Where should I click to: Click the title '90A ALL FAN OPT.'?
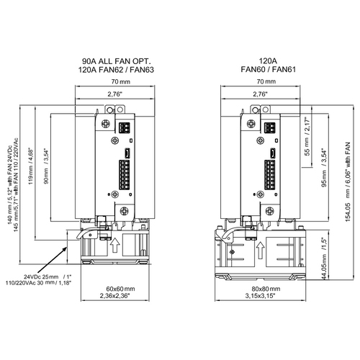[117, 61]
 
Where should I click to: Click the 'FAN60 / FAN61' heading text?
[268, 70]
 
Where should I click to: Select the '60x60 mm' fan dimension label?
[120, 289]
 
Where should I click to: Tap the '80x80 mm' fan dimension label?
[266, 289]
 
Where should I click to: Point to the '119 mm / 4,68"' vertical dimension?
[31, 166]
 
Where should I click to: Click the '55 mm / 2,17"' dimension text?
[307, 136]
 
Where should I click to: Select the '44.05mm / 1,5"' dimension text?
[324, 258]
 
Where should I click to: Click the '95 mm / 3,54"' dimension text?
[324, 168]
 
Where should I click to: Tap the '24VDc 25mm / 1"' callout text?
[48, 276]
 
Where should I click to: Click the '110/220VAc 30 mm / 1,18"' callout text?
[39, 283]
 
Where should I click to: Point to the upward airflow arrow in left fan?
[115, 245]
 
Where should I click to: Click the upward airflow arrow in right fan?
[260, 251]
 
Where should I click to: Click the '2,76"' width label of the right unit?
[260, 94]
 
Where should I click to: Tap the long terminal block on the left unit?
[124, 175]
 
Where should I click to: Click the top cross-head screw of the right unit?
[251, 124]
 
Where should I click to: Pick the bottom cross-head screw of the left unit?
[125, 211]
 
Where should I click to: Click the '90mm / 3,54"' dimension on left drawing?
[46, 166]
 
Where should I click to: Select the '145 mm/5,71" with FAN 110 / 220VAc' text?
[15, 185]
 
